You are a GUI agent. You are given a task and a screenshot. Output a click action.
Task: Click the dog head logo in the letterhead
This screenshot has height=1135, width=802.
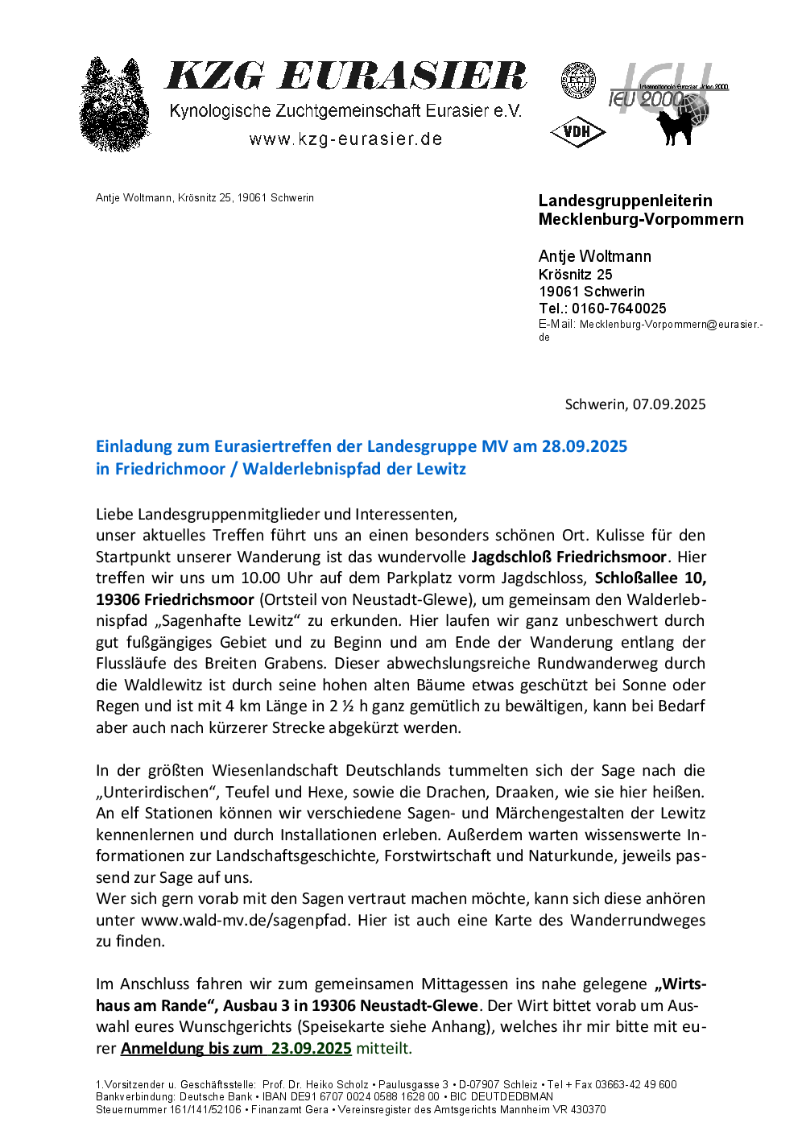115,105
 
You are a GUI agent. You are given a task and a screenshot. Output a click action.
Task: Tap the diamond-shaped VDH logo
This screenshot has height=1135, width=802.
577,131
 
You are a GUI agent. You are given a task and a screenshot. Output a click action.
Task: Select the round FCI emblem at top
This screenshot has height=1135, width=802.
577,81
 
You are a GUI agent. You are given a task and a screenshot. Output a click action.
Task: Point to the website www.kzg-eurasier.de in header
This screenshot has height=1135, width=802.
345,139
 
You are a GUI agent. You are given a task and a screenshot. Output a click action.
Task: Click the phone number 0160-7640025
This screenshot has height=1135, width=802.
619,309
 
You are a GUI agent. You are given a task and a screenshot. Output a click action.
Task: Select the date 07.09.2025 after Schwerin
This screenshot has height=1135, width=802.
669,404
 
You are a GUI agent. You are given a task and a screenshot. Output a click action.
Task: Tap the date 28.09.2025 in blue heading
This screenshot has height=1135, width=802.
584,446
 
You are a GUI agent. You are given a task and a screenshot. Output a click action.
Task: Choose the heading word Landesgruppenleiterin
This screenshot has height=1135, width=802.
625,201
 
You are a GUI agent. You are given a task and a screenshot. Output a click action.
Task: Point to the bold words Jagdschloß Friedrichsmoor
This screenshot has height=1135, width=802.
568,557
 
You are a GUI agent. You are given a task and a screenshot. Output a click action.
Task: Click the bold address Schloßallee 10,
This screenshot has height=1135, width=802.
650,578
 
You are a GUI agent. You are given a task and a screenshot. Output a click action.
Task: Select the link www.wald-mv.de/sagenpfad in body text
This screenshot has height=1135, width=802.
244,920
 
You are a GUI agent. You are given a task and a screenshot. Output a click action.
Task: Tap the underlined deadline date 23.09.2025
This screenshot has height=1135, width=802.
311,1048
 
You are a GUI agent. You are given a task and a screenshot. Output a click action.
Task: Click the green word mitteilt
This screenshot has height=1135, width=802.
384,1048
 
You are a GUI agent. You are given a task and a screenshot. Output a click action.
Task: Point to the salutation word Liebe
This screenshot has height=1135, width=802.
114,514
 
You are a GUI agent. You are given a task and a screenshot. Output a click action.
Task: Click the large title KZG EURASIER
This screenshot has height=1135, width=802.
345,77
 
